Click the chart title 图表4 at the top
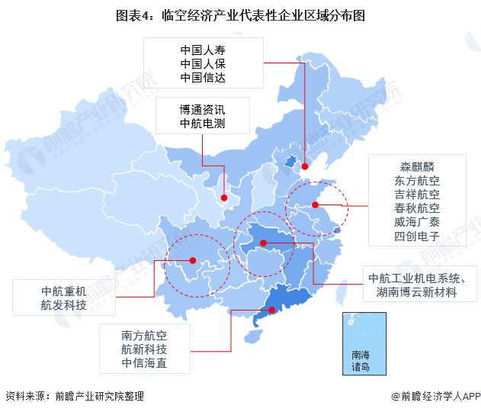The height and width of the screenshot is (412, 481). (240, 15)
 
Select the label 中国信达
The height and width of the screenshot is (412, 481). (203, 77)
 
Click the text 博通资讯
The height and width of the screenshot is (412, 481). (203, 109)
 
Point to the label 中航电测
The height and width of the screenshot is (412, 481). (203, 124)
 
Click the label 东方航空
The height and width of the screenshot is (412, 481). (417, 181)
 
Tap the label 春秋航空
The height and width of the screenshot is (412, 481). (417, 208)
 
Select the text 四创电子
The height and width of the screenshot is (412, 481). (417, 236)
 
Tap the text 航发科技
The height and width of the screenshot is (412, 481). (64, 306)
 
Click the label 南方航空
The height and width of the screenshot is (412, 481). (144, 335)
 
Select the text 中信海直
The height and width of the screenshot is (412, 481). (144, 363)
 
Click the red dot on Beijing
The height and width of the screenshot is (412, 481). (304, 166)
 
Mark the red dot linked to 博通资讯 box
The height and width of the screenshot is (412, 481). (224, 198)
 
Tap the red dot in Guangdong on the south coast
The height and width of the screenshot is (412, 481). (272, 309)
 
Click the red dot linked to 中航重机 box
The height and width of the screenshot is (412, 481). (193, 260)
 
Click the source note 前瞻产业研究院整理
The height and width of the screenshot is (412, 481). (98, 397)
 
